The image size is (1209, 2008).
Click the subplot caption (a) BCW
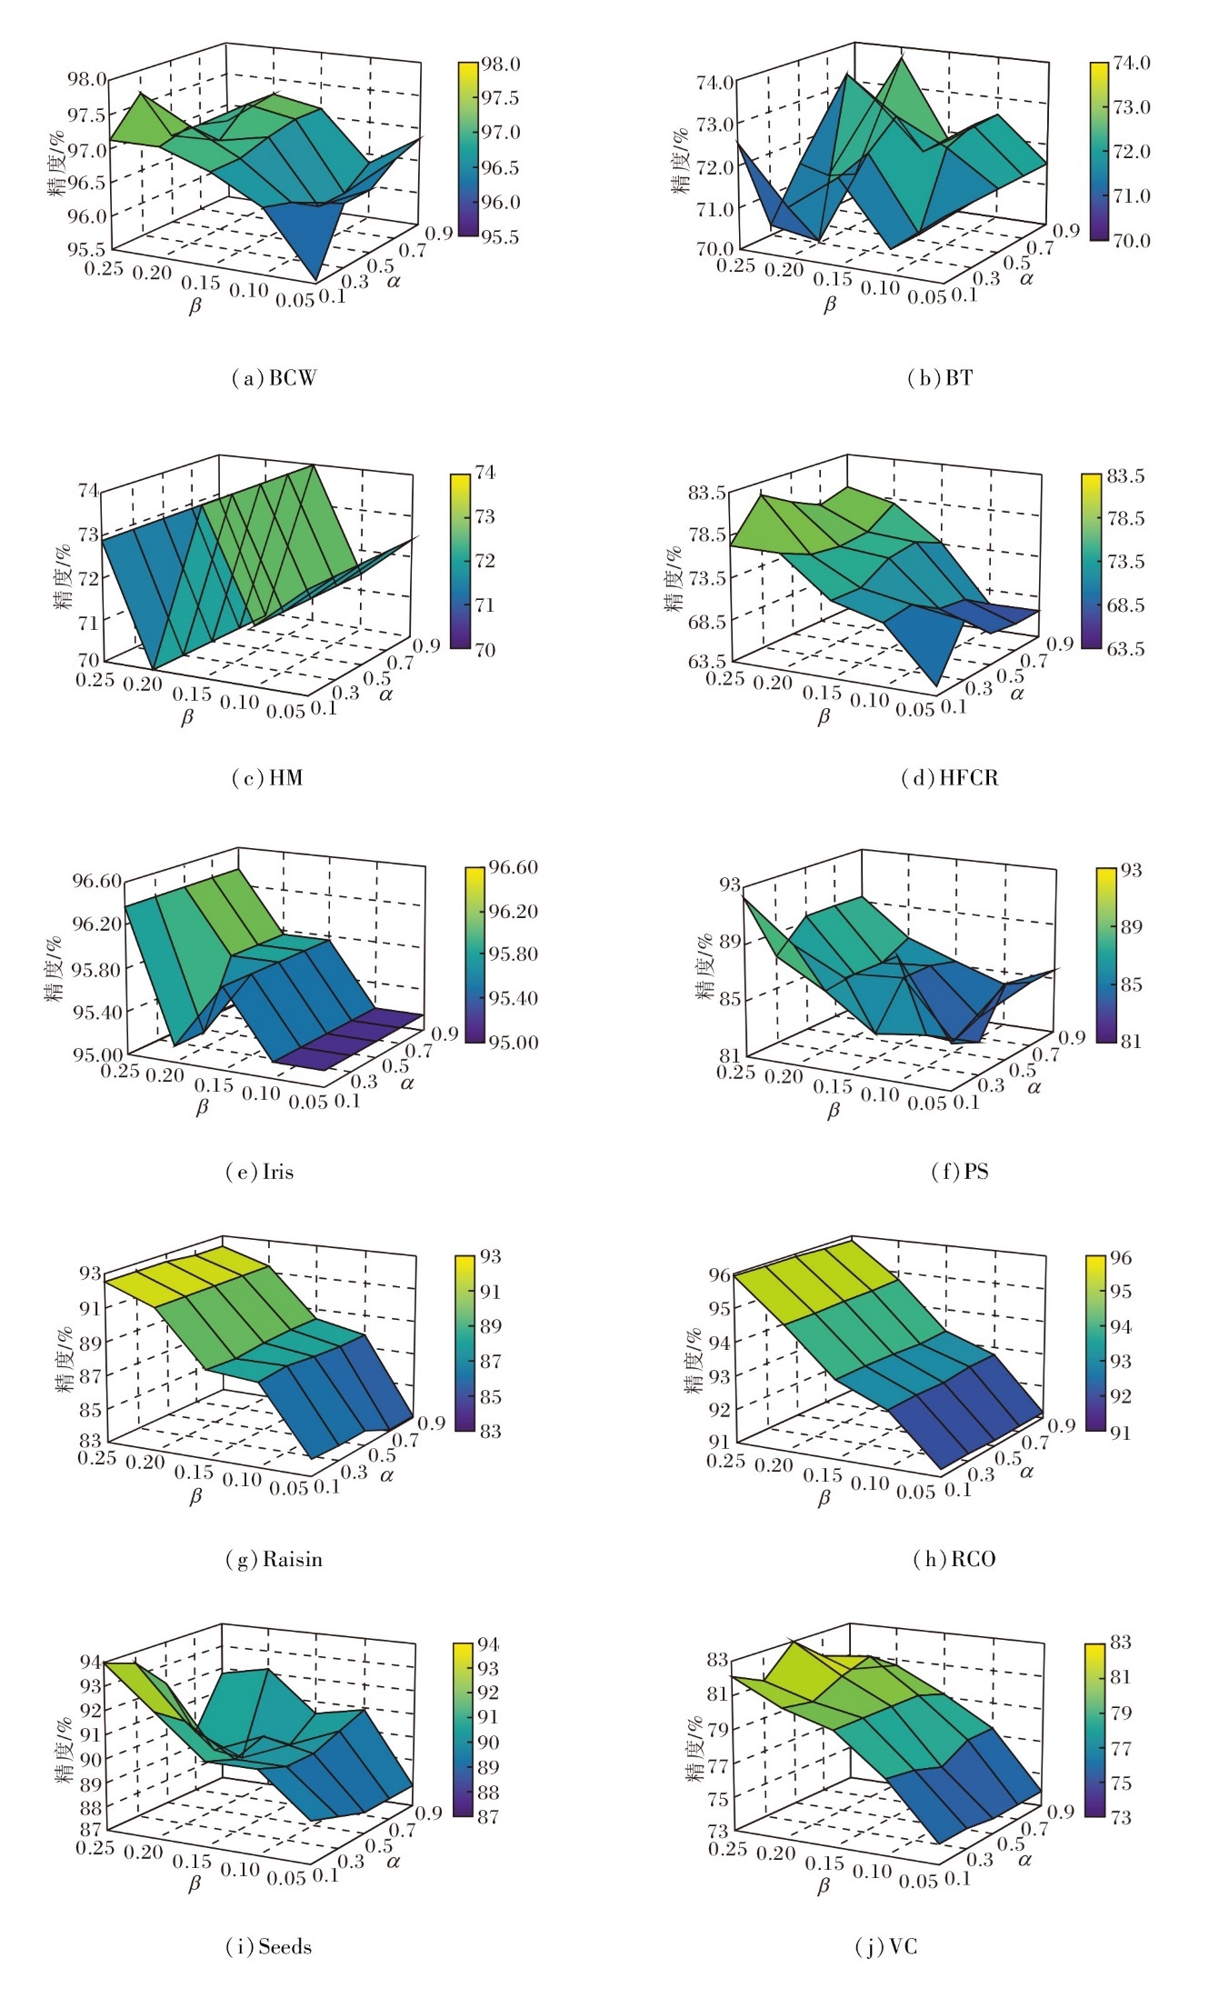274,377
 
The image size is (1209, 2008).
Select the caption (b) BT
940,377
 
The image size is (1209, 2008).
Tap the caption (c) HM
267,777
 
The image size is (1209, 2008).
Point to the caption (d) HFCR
949,777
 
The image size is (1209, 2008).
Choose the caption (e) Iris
260,1172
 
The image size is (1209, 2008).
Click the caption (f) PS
959,1172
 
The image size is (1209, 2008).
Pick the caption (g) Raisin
274,1559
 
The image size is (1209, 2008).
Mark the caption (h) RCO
954,1559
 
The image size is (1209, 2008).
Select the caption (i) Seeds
268,1946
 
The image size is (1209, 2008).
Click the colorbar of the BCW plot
467,149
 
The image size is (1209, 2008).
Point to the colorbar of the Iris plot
475,954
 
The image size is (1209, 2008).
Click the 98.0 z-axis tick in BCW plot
86,79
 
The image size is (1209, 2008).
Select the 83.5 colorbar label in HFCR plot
1125,476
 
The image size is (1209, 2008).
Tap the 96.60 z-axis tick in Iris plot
97,880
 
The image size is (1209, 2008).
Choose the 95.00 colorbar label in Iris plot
514,1042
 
